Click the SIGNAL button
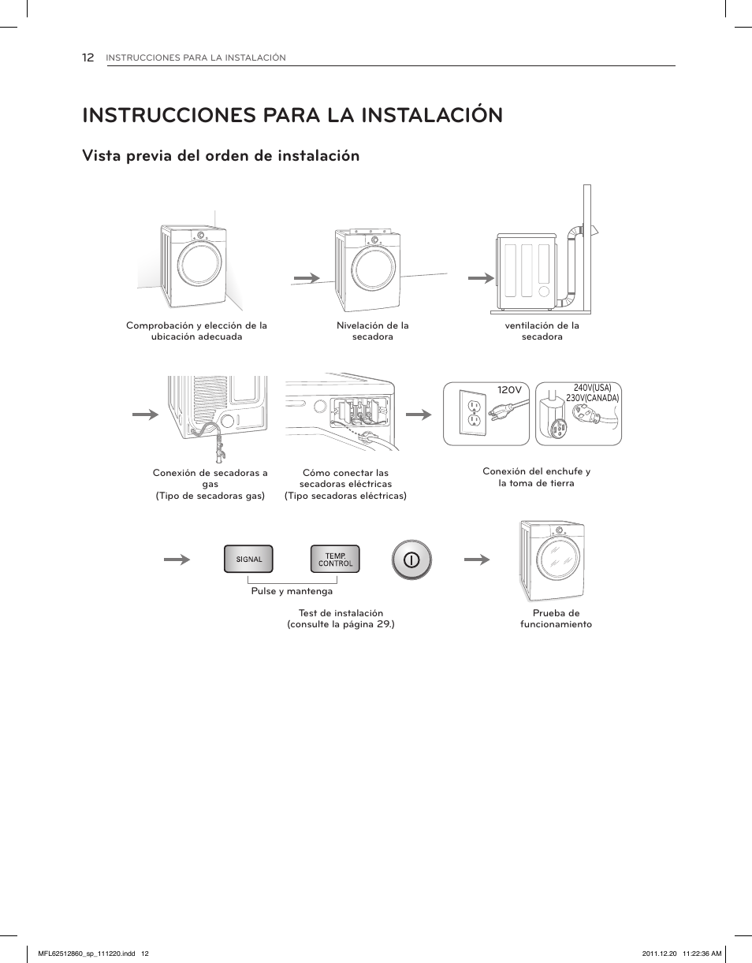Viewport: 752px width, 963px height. pyautogui.click(x=249, y=560)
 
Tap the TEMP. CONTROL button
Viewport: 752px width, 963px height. pyautogui.click(x=335, y=560)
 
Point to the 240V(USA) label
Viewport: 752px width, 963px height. pyautogui.click(x=592, y=388)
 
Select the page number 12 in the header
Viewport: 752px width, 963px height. pyautogui.click(x=88, y=58)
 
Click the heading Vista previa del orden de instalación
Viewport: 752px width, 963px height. pyautogui.click(x=221, y=156)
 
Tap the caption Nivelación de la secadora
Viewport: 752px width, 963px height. pyautogui.click(x=372, y=331)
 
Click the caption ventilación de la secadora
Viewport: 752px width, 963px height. pyautogui.click(x=542, y=331)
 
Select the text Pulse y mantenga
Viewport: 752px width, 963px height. pyautogui.click(x=292, y=591)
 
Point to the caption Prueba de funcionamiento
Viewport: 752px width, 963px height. pyautogui.click(x=556, y=619)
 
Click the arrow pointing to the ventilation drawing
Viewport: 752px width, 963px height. pyautogui.click(x=480, y=278)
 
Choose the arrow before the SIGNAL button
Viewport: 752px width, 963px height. pyautogui.click(x=177, y=560)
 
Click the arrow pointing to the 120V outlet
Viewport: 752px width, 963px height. pyautogui.click(x=419, y=414)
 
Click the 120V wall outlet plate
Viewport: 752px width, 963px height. pyautogui.click(x=474, y=414)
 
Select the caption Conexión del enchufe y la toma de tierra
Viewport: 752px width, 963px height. pyautogui.click(x=536, y=477)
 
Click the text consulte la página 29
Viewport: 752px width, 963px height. pyautogui.click(x=341, y=624)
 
